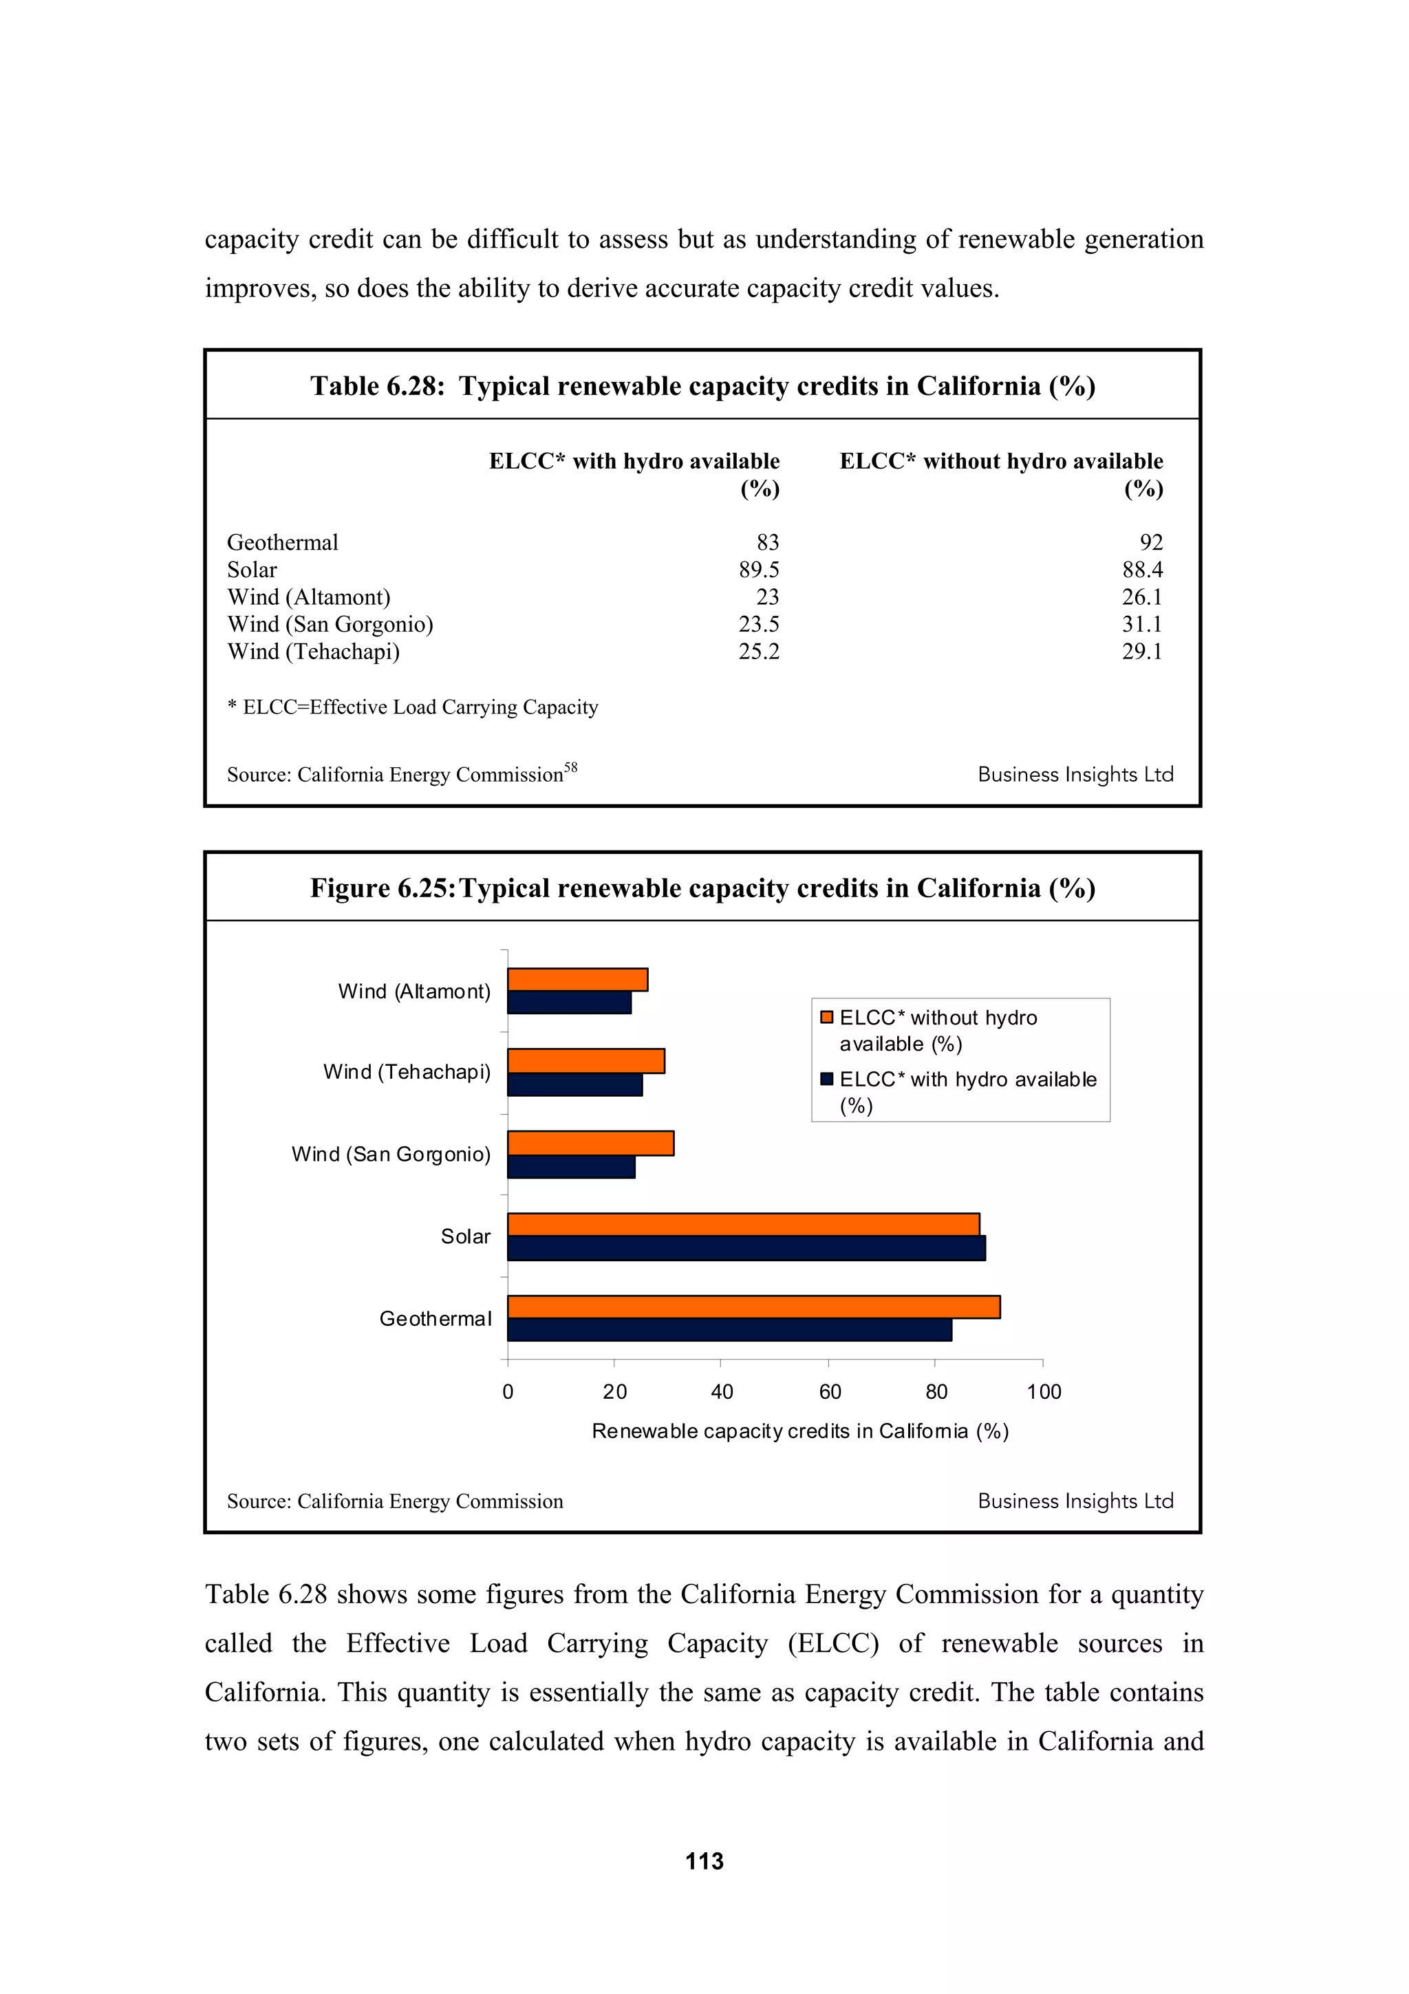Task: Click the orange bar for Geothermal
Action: [753, 1306]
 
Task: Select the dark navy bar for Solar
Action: [746, 1248]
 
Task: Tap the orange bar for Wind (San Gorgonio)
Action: [590, 1143]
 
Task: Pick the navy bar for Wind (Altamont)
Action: [570, 1003]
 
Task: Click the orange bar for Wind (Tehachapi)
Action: [586, 1060]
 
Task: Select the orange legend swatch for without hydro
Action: [826, 1017]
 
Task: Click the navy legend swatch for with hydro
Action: [826, 1079]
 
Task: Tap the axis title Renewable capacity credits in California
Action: [799, 1430]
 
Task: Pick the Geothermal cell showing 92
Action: [1150, 542]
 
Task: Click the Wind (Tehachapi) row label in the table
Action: [314, 652]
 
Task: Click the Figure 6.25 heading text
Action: [702, 888]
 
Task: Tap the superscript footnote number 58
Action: [570, 767]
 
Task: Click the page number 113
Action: [704, 1861]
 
